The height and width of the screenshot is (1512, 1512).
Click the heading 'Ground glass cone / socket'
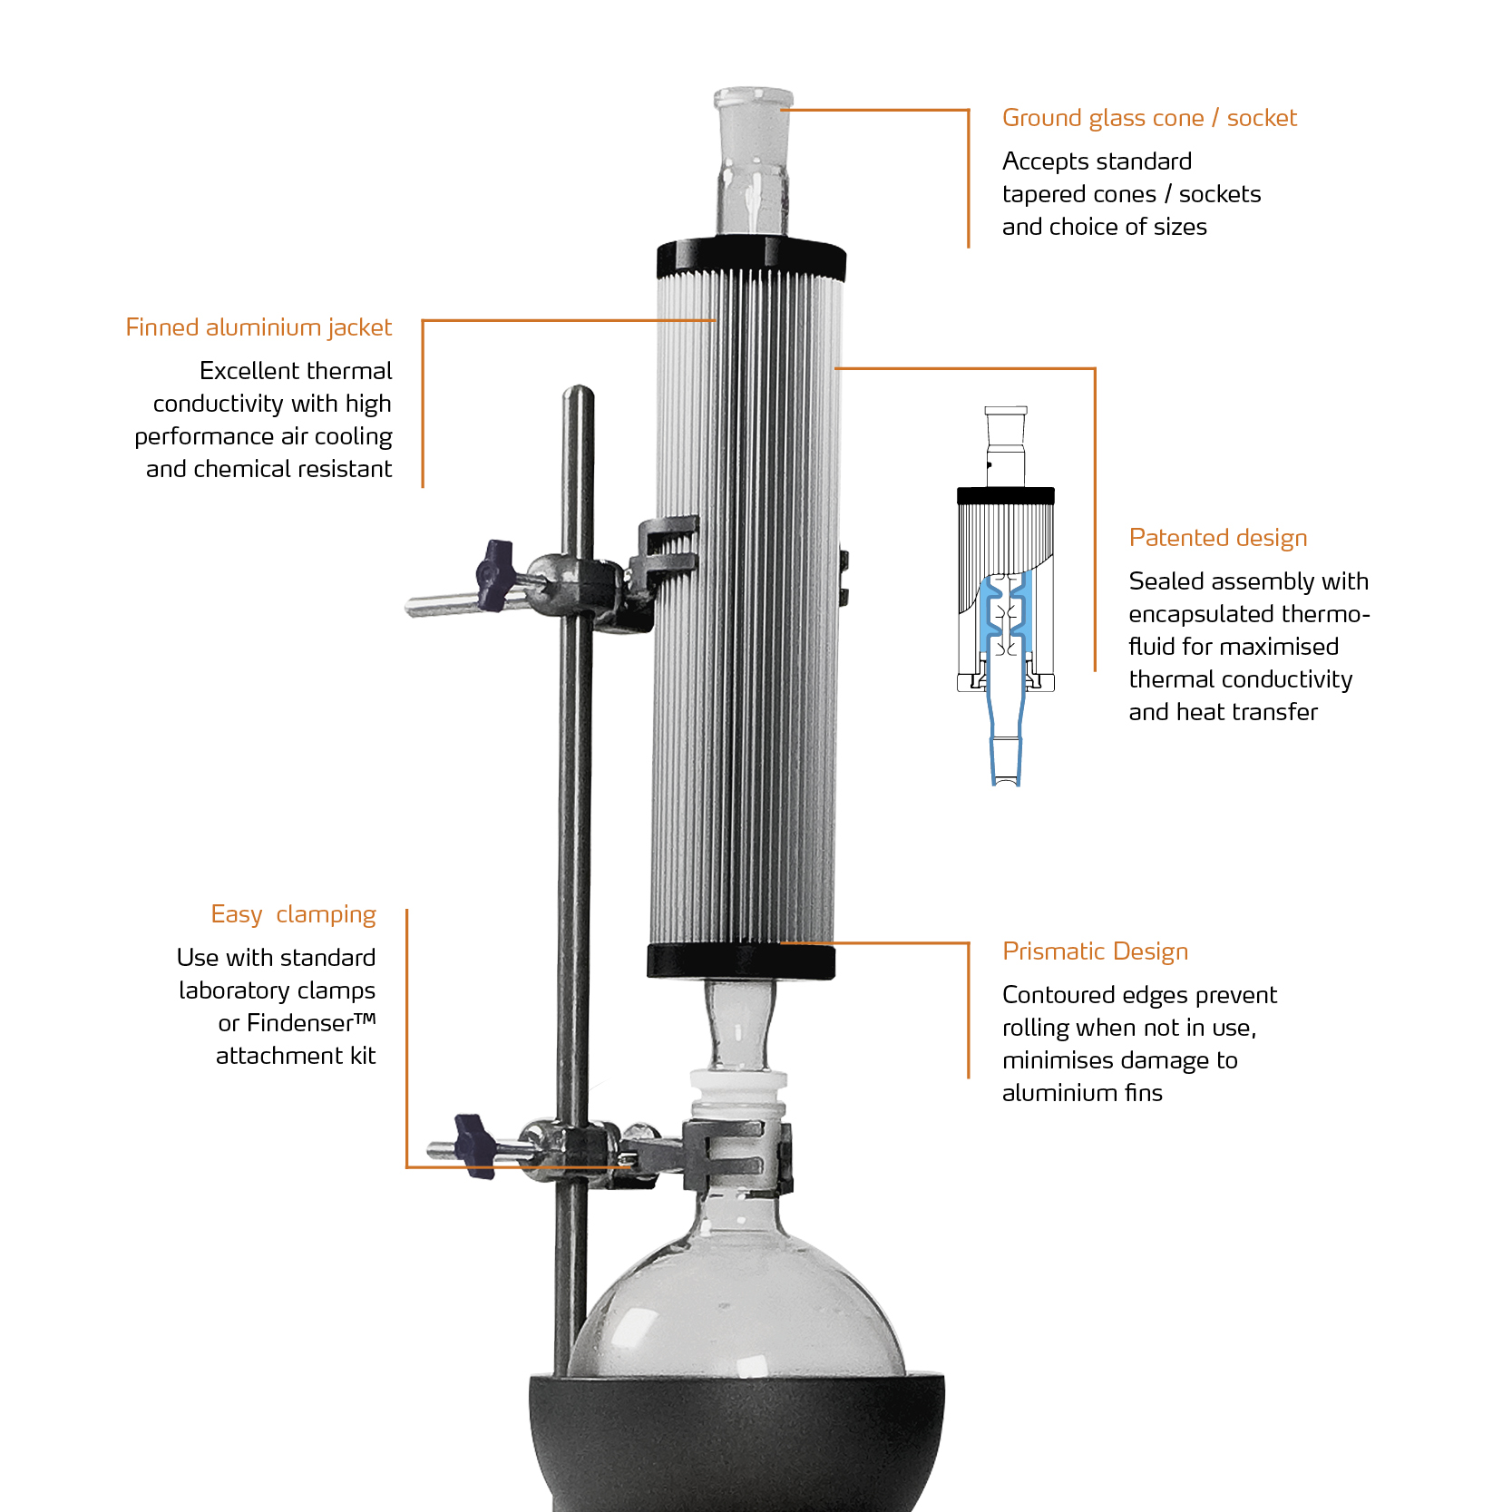coord(1148,118)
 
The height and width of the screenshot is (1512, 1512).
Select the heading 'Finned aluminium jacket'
coord(259,327)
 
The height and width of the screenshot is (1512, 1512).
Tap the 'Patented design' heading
coord(1217,538)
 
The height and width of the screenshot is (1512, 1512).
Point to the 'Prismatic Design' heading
coord(1095,951)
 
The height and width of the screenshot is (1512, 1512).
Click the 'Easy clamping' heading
coord(293,914)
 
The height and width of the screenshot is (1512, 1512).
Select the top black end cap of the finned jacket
coord(751,258)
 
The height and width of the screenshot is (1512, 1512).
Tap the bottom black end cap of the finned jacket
coord(740,961)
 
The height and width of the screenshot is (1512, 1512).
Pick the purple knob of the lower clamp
coord(474,1145)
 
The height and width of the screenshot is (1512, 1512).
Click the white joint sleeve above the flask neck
coord(738,1094)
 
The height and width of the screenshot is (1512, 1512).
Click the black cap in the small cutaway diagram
coord(1005,496)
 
